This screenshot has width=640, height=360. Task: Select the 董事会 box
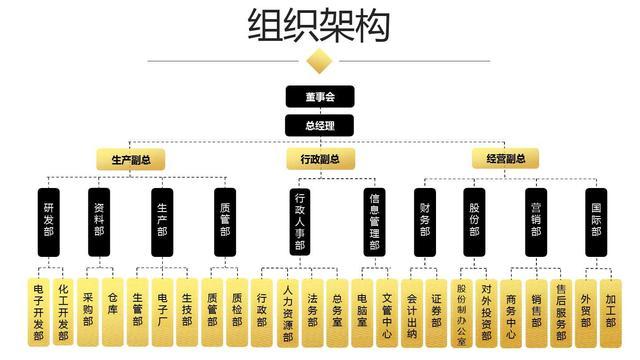(319, 97)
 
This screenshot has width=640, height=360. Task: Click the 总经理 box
(319, 125)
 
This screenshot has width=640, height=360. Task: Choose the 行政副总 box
(319, 159)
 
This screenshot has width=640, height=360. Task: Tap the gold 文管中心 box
(386, 310)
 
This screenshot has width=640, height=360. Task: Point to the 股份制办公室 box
(462, 310)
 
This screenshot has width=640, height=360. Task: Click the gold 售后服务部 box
(560, 310)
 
